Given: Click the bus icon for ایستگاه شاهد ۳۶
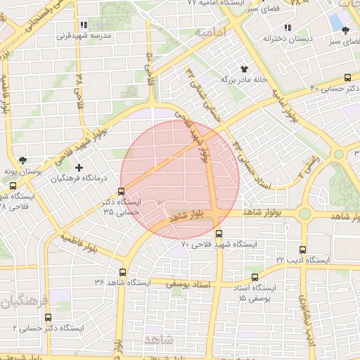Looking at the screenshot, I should [x=123, y=272].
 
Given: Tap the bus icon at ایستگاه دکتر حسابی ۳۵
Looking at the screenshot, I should [x=122, y=191].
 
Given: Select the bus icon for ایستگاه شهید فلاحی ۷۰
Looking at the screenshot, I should [x=219, y=233].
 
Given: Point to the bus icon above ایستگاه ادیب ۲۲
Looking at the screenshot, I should [x=302, y=250].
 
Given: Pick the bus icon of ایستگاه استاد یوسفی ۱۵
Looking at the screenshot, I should [x=255, y=277].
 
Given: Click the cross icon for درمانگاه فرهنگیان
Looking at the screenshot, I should [x=79, y=167].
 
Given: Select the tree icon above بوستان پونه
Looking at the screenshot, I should [x=23, y=160].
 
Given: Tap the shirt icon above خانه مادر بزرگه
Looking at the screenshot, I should [x=244, y=69].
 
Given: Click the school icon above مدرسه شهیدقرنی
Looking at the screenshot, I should [x=84, y=25].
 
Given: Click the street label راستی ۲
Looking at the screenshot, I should [x=308, y=167].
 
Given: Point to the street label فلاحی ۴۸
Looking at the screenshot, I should [x=79, y=86].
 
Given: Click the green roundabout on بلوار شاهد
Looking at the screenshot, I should [x=304, y=213].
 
